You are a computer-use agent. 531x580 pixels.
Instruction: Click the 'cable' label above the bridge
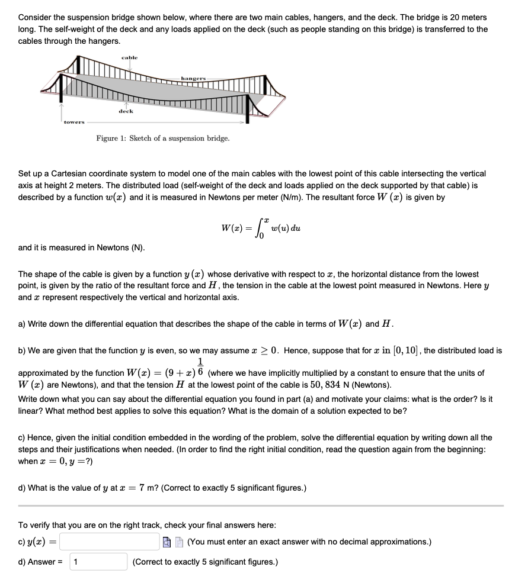129,57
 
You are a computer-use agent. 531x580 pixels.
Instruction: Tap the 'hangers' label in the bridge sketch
194,78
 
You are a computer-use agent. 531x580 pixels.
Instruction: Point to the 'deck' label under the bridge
126,111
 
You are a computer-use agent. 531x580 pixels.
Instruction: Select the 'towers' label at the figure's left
74,122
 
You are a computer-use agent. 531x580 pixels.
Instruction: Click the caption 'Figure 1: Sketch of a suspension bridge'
163,138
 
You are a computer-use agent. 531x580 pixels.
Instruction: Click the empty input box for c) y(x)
109,542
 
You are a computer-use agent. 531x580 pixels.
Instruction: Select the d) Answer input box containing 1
99,562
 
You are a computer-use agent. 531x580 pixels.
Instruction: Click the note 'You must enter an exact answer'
309,542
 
